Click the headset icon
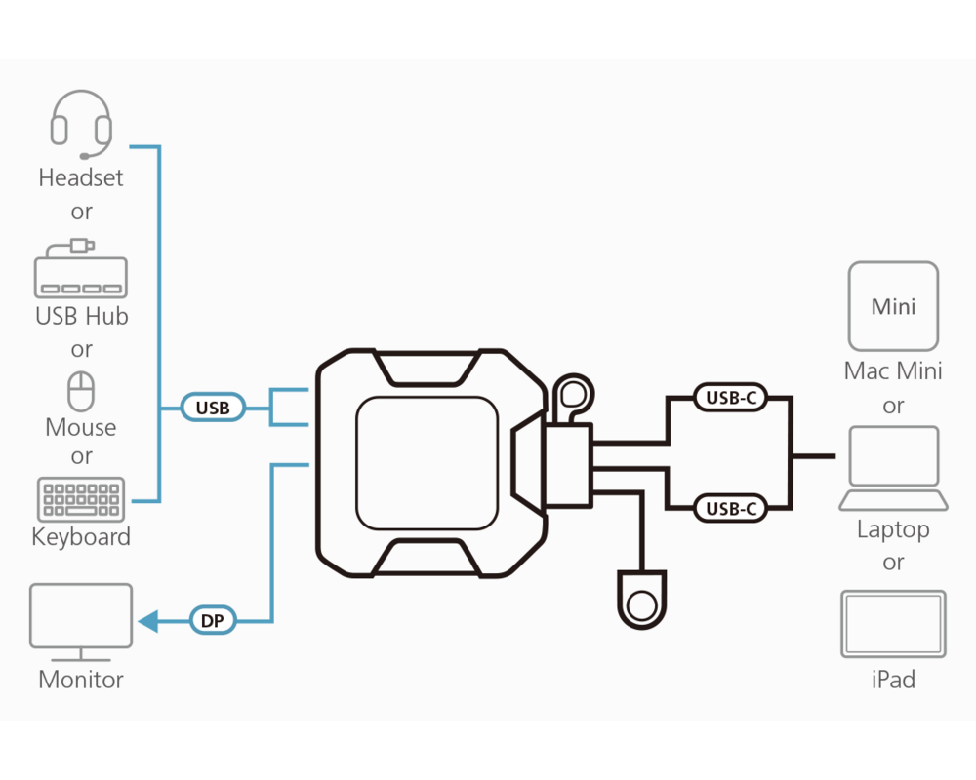tap(81, 125)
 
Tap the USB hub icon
tap(81, 272)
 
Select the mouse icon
tap(81, 392)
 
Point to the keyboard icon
tap(81, 499)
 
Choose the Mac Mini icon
tap(893, 306)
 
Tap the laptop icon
tap(893, 469)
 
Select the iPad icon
tap(893, 624)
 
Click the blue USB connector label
tap(213, 408)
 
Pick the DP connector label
tap(212, 620)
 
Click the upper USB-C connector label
tap(731, 398)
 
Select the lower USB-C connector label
tap(731, 508)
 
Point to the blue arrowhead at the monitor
tap(147, 620)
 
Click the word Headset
tap(81, 177)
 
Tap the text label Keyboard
tap(81, 537)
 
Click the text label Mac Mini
tap(893, 371)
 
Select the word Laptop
tap(893, 529)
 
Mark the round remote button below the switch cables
tap(641, 604)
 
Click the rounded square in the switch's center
tap(427, 461)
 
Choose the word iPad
tap(893, 680)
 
